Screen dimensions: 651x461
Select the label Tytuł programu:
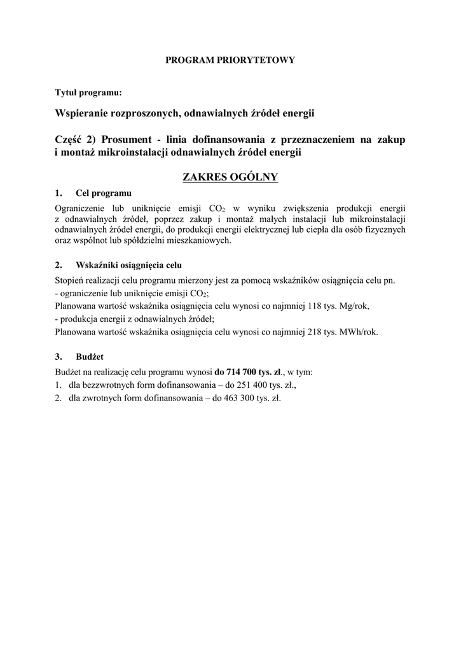coord(88,93)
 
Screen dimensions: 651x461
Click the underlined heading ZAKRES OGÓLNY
coord(230,176)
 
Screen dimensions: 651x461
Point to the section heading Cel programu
coord(103,193)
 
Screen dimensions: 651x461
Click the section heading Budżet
coord(89,357)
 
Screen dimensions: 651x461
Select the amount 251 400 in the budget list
coord(241,385)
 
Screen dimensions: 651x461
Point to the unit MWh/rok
coord(359,331)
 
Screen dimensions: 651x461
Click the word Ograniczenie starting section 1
coord(79,208)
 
